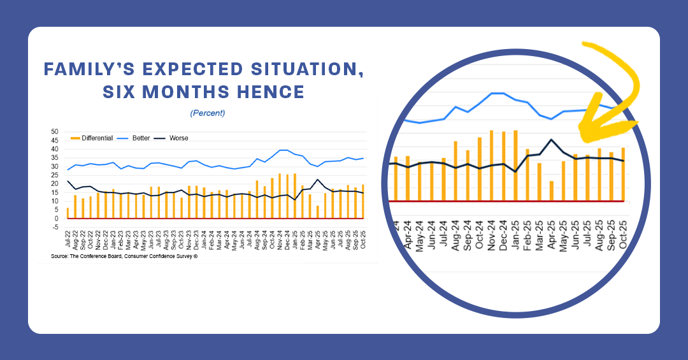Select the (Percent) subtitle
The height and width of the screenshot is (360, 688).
coord(207,113)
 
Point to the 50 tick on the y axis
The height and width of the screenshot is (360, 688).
coord(55,132)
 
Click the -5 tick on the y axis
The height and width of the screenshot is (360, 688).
coord(55,227)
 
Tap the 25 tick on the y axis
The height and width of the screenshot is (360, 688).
coord(55,175)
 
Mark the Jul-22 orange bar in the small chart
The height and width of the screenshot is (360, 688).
coord(68,213)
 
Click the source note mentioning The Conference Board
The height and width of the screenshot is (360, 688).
coord(121,256)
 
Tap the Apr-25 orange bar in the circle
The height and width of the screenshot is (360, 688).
coord(552,191)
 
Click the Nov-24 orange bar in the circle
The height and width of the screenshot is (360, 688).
coord(492,166)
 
